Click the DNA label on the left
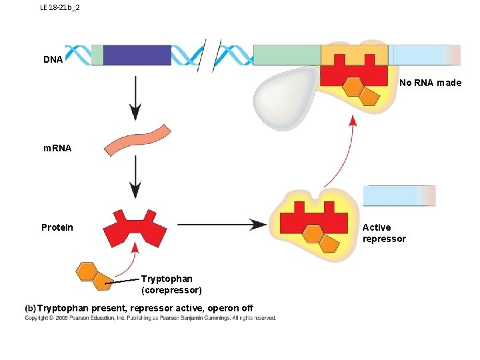(53, 60)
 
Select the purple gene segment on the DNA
(137, 55)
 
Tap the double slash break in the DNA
(210, 55)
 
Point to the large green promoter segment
(287, 55)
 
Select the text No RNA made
(430, 83)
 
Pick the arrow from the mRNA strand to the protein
(135, 177)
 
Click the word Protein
(57, 228)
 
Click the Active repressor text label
(383, 233)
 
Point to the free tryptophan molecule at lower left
(93, 276)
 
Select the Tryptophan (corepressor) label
(171, 285)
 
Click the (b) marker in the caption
(30, 308)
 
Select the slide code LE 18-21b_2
(60, 7)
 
